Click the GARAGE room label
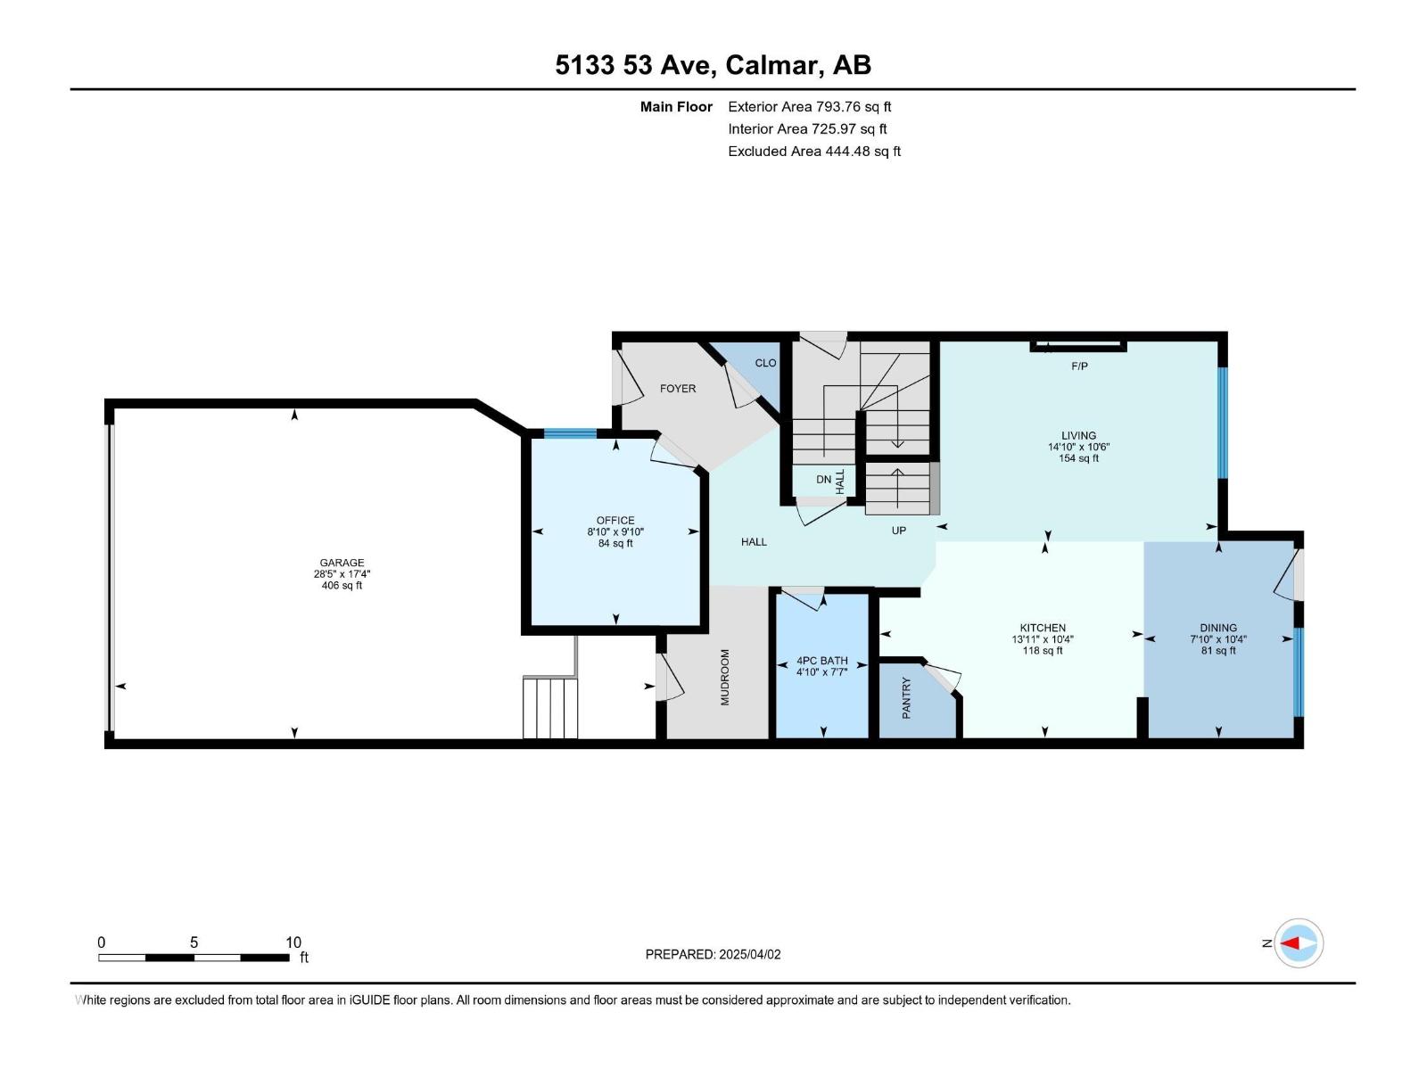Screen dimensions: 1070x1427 pos(342,563)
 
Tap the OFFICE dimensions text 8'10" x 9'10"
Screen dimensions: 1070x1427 pos(615,531)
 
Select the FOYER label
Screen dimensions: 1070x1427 pos(678,389)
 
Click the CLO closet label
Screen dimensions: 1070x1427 pos(765,363)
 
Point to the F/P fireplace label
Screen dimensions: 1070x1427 pos(1079,366)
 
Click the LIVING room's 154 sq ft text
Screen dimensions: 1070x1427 pos(1078,458)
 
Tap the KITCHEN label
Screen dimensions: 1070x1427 pos(1043,628)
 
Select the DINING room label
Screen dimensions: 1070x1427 pos(1218,628)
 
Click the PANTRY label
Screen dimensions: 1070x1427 pos(906,698)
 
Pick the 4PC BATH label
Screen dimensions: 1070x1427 pos(821,661)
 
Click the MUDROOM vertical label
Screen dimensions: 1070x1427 pos(724,678)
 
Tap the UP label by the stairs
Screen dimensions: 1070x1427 pos(899,531)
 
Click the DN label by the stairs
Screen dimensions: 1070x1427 pos(823,480)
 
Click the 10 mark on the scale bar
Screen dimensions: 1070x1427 pos(293,942)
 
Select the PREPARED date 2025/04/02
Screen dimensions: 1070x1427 pos(713,954)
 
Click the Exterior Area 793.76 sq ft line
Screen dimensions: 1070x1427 pos(810,107)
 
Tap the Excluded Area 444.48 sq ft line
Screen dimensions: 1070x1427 pos(813,152)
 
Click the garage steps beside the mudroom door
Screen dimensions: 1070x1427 pos(550,708)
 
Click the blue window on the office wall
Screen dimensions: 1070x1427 pos(570,434)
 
